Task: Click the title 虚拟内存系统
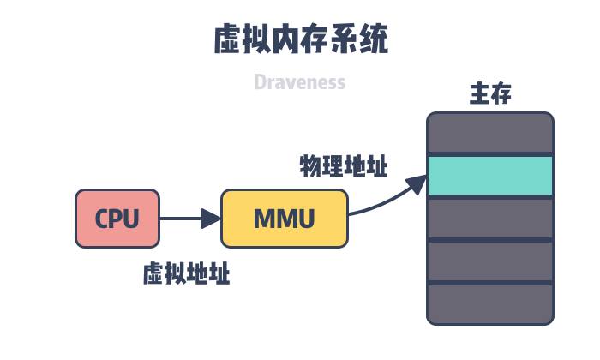(300, 40)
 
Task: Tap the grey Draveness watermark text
(300, 82)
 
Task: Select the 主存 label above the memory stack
(490, 94)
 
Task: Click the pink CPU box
(117, 219)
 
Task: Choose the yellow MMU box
(285, 219)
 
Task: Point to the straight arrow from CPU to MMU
(184, 219)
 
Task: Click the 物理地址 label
(343, 165)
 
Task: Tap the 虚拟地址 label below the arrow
(186, 274)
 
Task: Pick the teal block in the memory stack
(490, 176)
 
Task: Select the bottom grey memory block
(490, 304)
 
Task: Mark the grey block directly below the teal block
(490, 219)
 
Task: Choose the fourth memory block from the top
(490, 261)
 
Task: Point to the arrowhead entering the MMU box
(212, 219)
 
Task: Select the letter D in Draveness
(260, 82)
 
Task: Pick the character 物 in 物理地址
(309, 165)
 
